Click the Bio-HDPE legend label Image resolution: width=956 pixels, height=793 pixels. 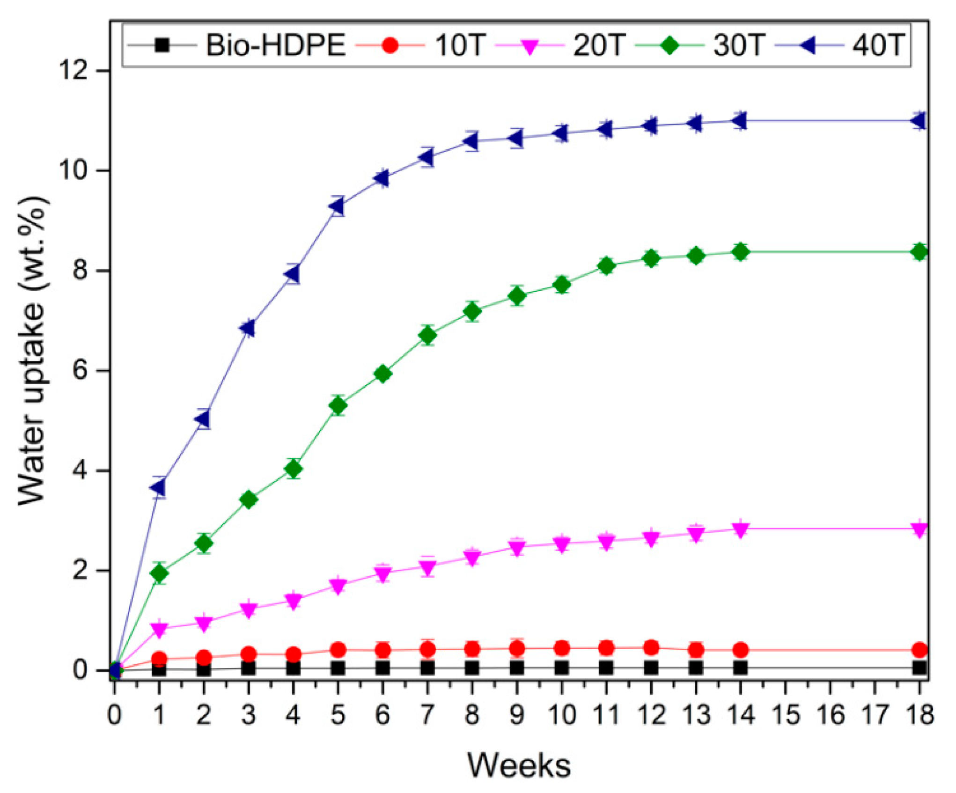click(275, 46)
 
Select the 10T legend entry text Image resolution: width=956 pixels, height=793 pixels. click(458, 46)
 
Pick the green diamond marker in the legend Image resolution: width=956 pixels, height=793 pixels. click(669, 46)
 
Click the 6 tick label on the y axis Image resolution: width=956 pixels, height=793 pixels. click(81, 371)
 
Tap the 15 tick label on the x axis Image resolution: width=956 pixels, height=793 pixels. click(785, 715)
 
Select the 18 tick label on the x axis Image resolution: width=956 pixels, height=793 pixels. click(919, 715)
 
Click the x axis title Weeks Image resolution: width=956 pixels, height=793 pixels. click(519, 766)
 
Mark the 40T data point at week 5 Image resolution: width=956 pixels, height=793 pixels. click(337, 206)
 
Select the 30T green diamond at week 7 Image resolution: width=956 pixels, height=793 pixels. click(427, 335)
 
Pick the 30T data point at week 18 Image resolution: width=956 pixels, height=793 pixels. click(919, 252)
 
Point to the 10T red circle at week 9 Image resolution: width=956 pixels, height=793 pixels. click(517, 648)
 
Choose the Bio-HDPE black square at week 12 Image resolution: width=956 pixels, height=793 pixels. click(651, 668)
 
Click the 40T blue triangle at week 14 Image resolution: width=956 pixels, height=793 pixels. click(740, 121)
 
